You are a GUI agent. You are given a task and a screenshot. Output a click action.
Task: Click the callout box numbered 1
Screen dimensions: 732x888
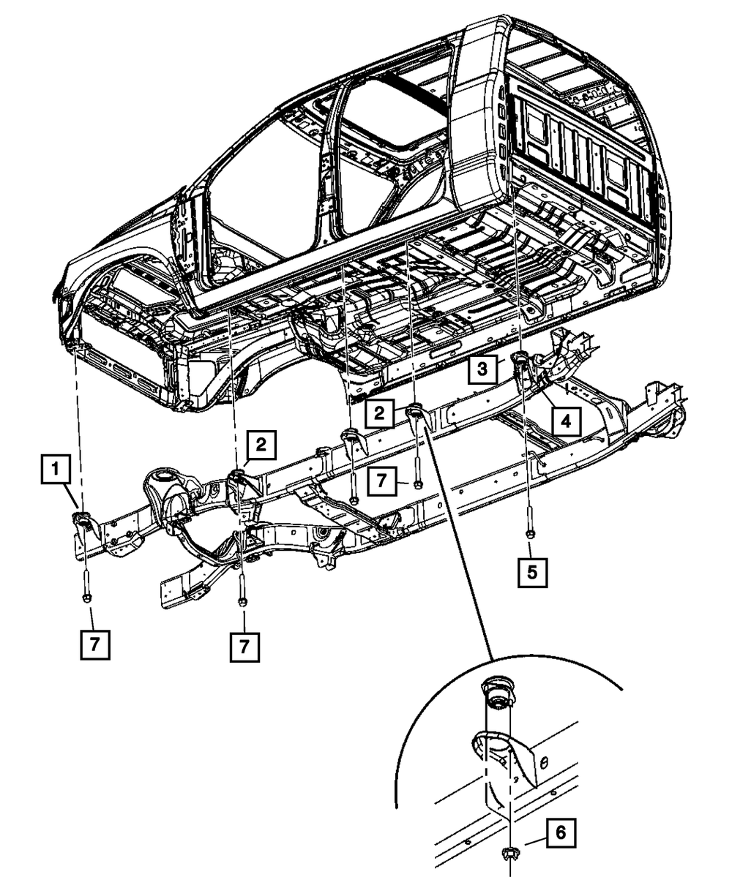pyautogui.click(x=56, y=469)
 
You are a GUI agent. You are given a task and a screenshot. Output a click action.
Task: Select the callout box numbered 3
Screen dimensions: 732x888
pyautogui.click(x=482, y=369)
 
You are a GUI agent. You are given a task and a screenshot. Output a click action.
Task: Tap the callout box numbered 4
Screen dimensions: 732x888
pyautogui.click(x=566, y=421)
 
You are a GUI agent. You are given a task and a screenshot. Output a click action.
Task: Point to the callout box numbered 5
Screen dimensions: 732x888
pyautogui.click(x=532, y=573)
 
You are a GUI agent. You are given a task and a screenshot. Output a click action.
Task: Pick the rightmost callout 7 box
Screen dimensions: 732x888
pyautogui.click(x=382, y=481)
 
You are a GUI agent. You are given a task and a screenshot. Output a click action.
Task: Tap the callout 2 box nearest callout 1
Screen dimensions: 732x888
pyautogui.click(x=261, y=445)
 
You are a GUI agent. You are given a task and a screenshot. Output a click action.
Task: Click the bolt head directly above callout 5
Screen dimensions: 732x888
pyautogui.click(x=530, y=535)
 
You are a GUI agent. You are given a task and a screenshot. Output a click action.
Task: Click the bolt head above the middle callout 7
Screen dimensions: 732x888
pyautogui.click(x=242, y=601)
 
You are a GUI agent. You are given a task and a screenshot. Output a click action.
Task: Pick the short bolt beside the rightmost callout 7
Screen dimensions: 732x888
pyautogui.click(x=417, y=472)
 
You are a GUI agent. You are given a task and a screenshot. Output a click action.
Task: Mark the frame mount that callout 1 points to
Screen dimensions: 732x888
pyautogui.click(x=82, y=519)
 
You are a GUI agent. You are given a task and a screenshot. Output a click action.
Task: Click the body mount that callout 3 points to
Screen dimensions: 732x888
pyautogui.click(x=520, y=358)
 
